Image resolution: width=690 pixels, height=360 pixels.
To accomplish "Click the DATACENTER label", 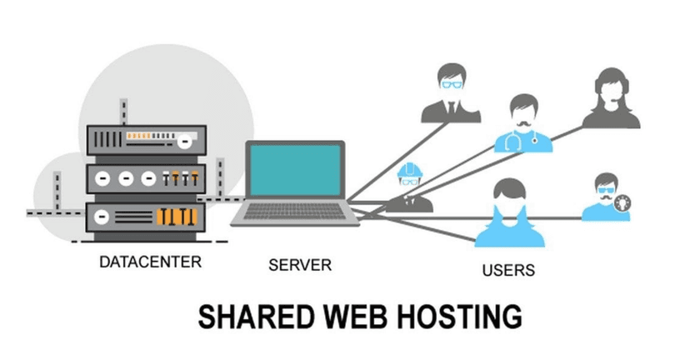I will [150, 262].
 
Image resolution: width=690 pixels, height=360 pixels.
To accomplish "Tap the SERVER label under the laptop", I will [300, 266].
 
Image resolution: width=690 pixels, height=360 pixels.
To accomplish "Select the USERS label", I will [508, 270].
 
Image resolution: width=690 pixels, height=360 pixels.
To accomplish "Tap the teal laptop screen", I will [295, 173].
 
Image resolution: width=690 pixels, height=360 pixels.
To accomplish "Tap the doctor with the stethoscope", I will [523, 125].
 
